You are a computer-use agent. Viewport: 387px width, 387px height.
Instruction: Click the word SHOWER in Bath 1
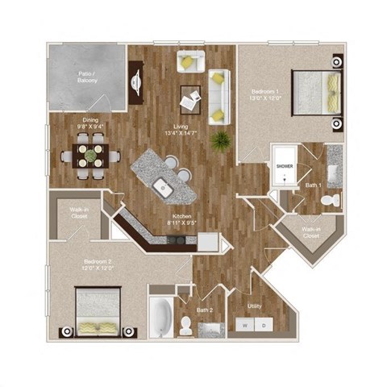(285, 166)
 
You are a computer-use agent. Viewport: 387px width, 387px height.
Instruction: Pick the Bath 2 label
(205, 308)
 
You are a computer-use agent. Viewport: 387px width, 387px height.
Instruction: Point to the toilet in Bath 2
(186, 324)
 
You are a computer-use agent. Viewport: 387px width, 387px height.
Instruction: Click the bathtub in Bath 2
(160, 318)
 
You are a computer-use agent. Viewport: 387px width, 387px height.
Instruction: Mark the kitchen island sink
(164, 189)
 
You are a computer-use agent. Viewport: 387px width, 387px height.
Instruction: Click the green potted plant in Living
(218, 143)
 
